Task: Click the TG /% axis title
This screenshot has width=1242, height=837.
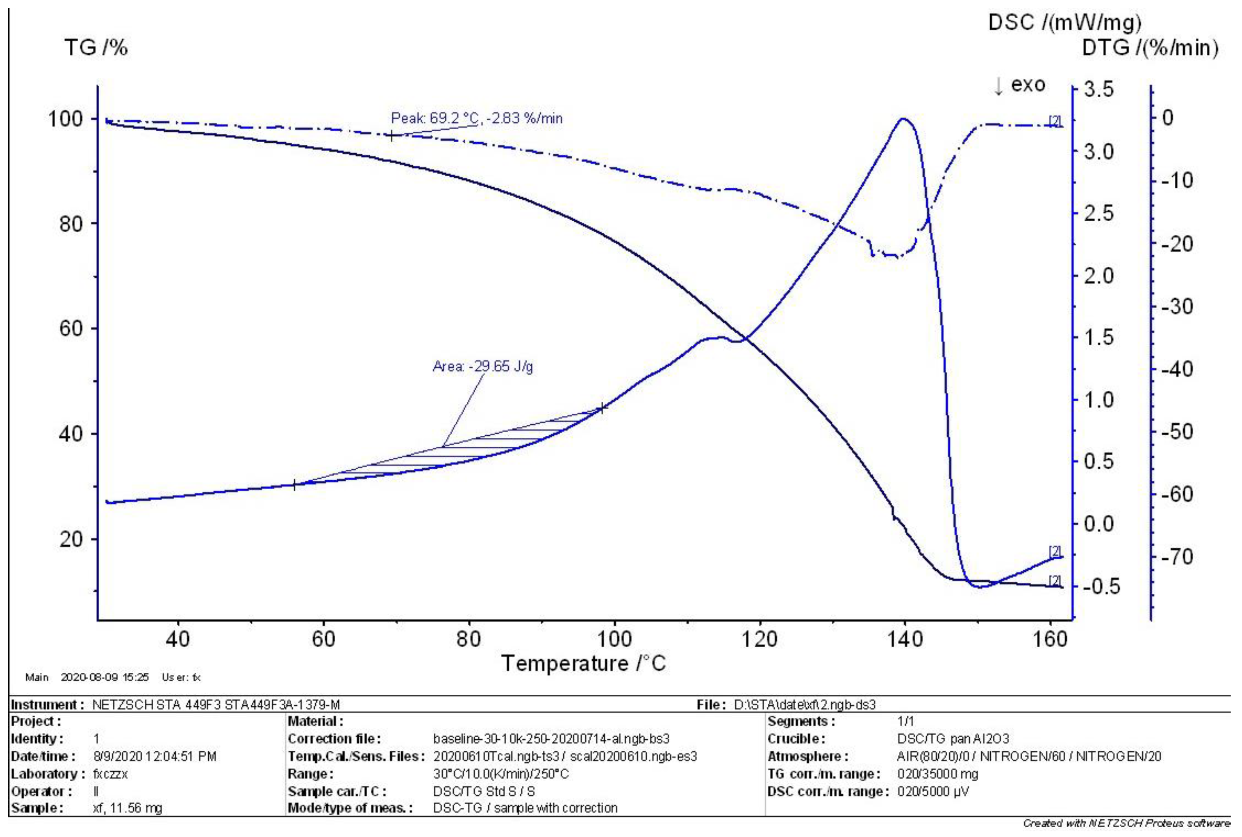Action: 96,47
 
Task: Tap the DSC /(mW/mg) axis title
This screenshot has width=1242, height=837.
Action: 1065,22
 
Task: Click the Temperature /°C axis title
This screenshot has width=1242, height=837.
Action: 583,664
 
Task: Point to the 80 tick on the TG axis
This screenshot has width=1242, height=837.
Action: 71,224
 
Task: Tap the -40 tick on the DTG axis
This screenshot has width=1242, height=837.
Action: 1177,369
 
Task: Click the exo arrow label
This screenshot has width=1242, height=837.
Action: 1019,85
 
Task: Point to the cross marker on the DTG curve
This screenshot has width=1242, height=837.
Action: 392,136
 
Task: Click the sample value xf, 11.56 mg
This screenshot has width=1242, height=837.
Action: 127,808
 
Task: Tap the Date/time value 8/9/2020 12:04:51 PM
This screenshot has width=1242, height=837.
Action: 155,756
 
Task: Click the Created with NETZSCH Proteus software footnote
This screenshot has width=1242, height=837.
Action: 1126,824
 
